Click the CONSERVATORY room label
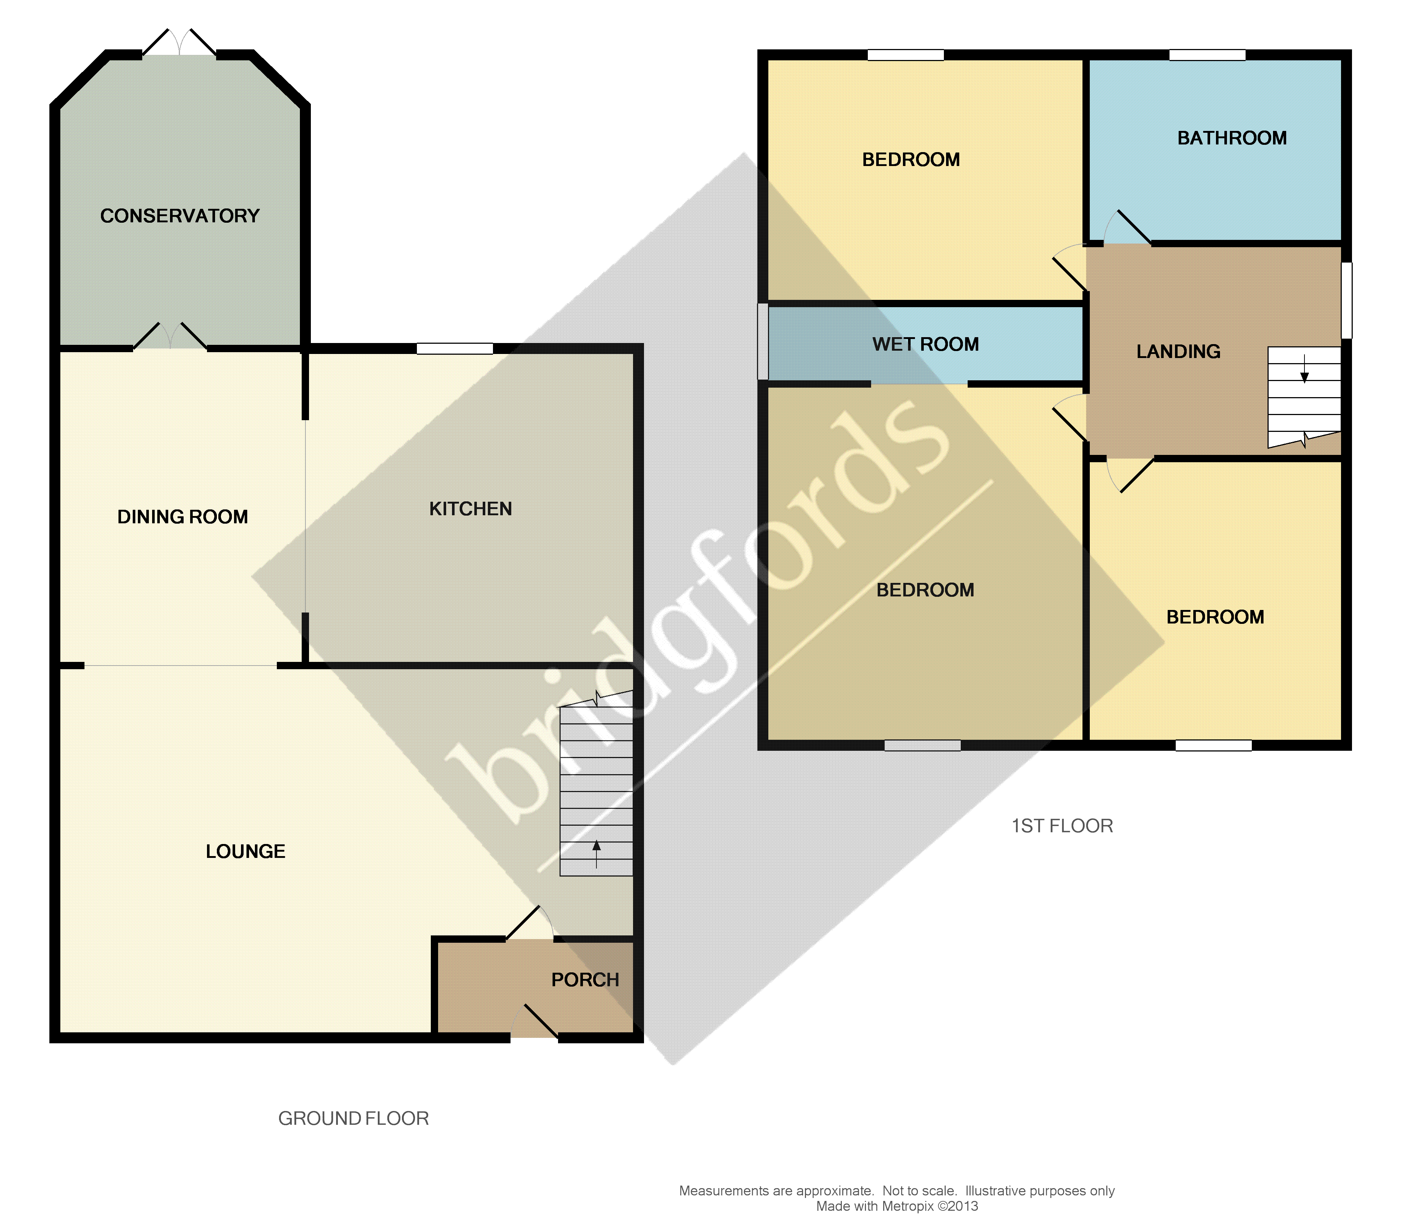[x=180, y=216]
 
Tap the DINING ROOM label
[x=182, y=517]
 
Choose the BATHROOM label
[x=1231, y=138]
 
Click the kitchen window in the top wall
[x=455, y=348]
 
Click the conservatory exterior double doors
[x=179, y=42]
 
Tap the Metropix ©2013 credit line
[x=897, y=1206]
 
